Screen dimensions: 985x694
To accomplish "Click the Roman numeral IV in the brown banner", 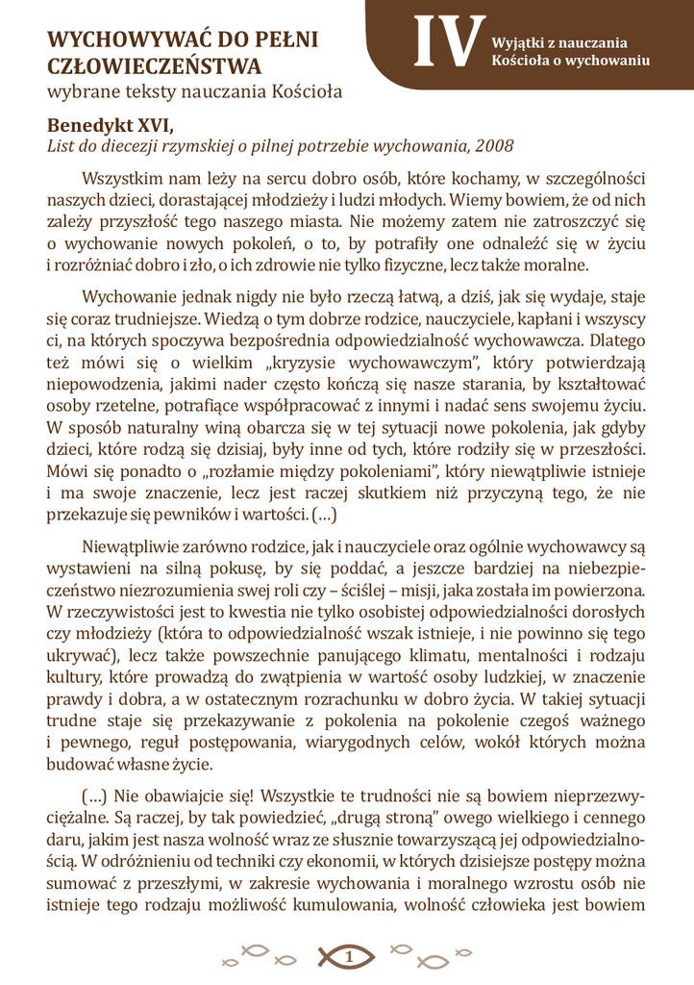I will [445, 43].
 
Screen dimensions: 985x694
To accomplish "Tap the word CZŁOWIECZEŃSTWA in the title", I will [154, 67].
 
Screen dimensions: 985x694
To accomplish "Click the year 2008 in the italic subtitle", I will [494, 146].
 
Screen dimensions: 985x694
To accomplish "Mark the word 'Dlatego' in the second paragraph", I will [617, 340].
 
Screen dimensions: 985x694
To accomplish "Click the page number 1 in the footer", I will [348, 956].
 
